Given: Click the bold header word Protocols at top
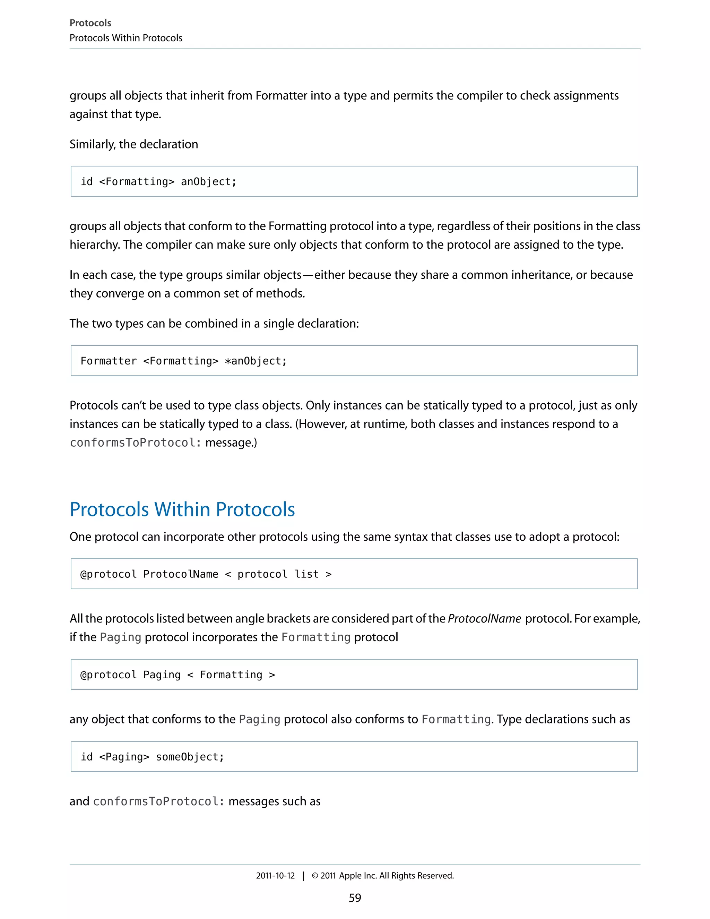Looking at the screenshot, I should pos(90,23).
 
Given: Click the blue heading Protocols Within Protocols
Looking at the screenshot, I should pos(182,509).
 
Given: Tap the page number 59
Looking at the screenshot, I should pos(355,897).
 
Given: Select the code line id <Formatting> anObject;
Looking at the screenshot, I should pos(158,182).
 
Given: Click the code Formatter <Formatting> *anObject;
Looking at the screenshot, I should pos(183,361).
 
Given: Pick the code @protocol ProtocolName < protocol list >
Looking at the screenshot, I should pos(206,574).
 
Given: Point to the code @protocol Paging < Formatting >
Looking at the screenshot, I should pos(177,675).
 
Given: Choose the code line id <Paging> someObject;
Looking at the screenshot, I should pos(152,757).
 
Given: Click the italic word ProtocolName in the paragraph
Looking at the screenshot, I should pos(484,619).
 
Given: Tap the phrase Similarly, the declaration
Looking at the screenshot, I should pos(134,144).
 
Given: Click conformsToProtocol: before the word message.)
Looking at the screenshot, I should pos(135,443).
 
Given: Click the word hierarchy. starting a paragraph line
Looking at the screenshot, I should pos(95,245).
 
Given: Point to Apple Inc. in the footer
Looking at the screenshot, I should pos(357,876).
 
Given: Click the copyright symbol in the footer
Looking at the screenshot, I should pos(315,876).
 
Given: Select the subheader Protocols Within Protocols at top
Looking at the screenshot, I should pos(126,38).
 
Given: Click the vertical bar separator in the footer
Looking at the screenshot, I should pos(303,876).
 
